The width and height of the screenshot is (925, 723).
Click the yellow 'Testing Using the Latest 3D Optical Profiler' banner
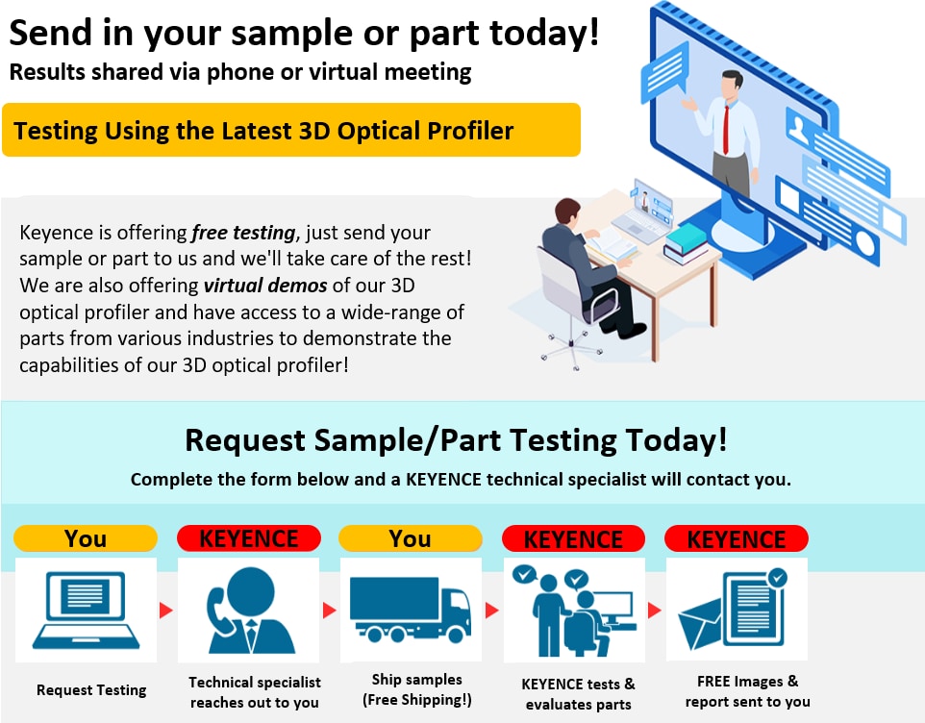(x=291, y=130)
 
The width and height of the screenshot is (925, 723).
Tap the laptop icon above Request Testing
(x=87, y=610)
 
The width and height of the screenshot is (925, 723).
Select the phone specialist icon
(x=250, y=611)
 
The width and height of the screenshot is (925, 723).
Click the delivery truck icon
(x=411, y=610)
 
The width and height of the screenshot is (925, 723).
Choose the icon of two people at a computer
(x=574, y=611)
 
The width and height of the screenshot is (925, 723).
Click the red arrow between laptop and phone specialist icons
(x=166, y=610)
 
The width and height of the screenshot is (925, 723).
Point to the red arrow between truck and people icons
(x=492, y=610)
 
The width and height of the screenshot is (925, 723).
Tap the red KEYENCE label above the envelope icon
(x=737, y=539)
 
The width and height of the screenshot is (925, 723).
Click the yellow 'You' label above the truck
(x=411, y=538)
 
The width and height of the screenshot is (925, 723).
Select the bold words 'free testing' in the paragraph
(x=243, y=233)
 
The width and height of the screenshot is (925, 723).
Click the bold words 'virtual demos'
(x=265, y=286)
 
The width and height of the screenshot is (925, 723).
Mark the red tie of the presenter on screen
(x=726, y=130)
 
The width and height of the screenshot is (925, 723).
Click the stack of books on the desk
(x=686, y=243)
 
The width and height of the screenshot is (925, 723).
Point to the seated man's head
(x=567, y=212)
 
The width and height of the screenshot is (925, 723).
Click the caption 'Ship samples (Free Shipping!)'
(x=417, y=689)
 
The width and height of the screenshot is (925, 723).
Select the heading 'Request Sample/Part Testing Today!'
(x=456, y=440)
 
